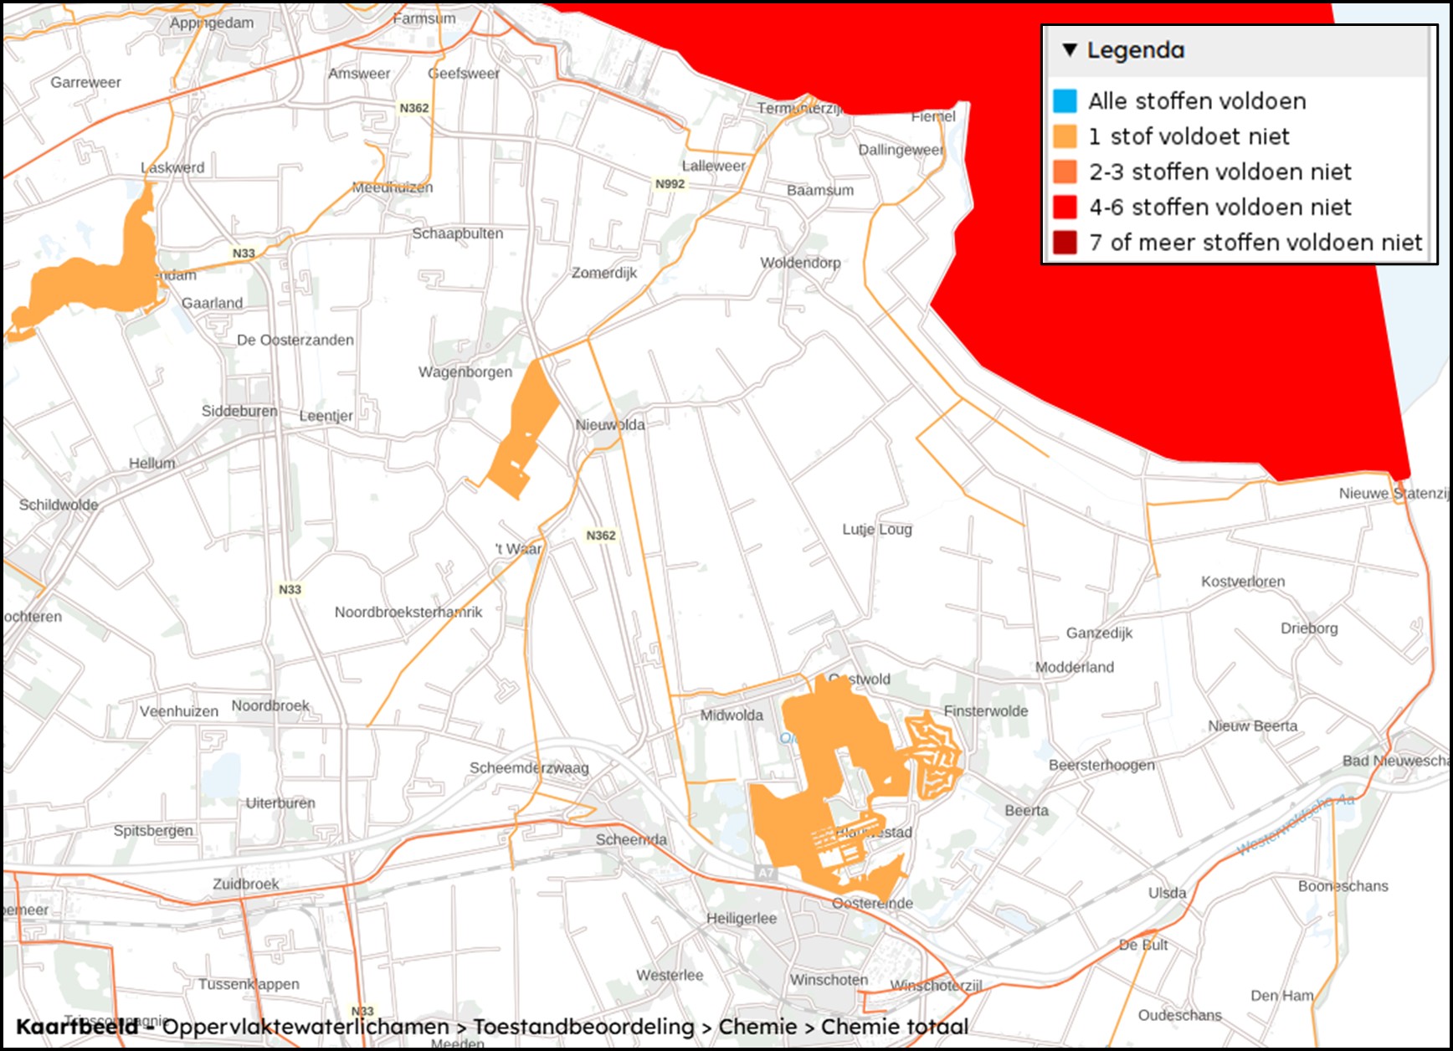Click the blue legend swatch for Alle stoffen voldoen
click(x=1065, y=101)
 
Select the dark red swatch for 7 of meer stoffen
click(x=1065, y=243)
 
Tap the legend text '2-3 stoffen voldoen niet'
click(x=1219, y=172)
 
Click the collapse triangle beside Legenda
click(x=1070, y=50)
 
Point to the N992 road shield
click(x=670, y=184)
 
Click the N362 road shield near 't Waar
click(x=601, y=536)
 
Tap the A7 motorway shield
click(x=766, y=873)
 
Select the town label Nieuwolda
click(x=610, y=425)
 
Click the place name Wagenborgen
click(x=465, y=372)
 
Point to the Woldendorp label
click(x=800, y=263)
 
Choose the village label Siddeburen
click(x=239, y=411)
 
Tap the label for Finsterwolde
click(x=986, y=711)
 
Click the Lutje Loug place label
click(x=877, y=529)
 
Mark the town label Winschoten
click(x=829, y=980)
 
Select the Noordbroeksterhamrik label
click(x=408, y=613)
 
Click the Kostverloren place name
click(x=1243, y=582)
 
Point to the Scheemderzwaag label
click(x=529, y=768)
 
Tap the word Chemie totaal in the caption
click(x=894, y=1027)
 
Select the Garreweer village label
click(x=85, y=82)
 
